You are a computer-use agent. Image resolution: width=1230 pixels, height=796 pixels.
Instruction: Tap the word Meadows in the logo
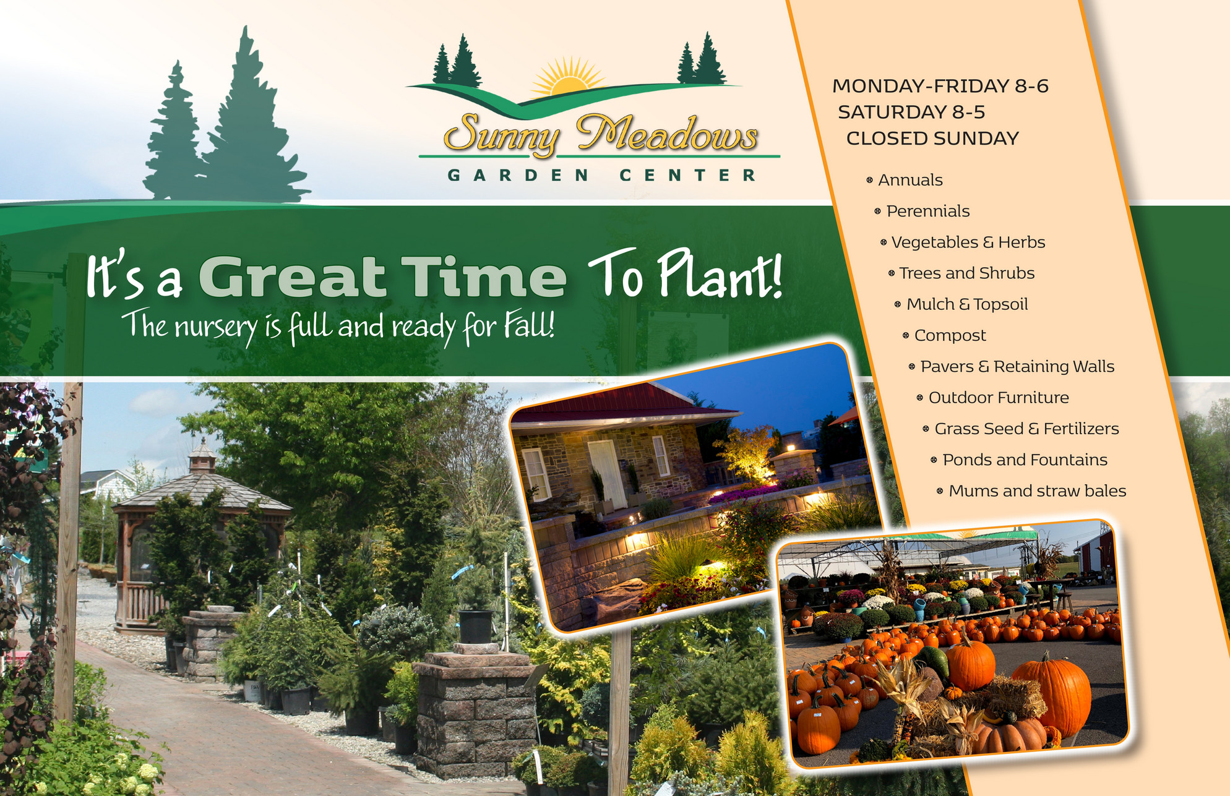667,134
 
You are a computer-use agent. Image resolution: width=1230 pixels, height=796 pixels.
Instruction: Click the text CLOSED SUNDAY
932,139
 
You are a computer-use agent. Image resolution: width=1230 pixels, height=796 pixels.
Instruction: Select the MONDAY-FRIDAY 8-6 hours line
940,86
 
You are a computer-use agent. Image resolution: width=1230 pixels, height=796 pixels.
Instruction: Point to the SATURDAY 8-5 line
911,112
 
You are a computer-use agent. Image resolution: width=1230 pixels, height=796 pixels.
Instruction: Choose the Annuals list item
910,180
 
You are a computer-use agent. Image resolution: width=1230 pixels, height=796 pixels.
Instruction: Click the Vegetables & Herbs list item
968,242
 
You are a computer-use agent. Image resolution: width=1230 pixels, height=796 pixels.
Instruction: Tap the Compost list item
950,336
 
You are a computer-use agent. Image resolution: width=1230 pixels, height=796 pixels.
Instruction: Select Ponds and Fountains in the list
1025,460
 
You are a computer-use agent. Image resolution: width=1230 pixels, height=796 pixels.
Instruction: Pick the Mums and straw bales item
1038,491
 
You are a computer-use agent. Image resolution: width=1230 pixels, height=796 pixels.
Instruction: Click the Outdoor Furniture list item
999,398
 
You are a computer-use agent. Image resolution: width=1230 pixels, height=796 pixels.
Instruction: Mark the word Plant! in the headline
719,274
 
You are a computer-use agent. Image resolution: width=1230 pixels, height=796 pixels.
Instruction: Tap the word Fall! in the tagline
528,325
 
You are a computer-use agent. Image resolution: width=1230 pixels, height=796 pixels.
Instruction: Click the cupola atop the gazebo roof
203,455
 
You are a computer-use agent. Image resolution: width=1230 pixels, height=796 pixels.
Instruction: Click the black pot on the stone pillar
476,626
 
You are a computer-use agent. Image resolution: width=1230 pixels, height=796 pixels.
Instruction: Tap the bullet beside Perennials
877,212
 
